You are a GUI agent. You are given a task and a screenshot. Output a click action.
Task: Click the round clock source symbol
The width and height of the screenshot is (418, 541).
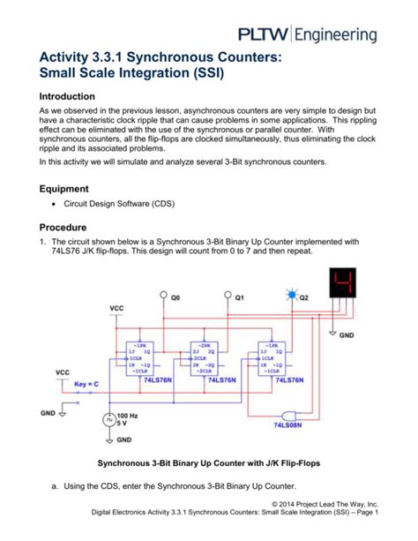pos(109,420)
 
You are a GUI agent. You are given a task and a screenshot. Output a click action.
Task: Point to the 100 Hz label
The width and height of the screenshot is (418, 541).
pos(130,414)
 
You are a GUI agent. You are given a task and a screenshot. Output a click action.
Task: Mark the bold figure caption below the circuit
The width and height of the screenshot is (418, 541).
pos(209,464)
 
